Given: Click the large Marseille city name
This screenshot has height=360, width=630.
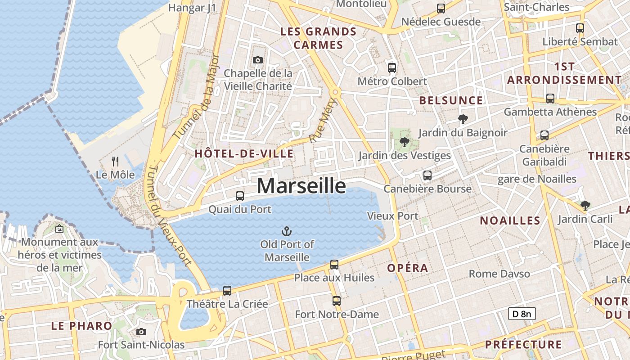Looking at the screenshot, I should (301, 186).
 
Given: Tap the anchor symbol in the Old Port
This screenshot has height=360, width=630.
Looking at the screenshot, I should (287, 231).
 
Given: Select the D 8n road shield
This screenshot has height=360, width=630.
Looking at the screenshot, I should (522, 314).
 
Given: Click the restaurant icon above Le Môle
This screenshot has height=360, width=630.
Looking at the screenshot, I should (115, 161).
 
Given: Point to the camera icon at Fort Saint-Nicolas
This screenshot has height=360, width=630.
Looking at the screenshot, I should (141, 332).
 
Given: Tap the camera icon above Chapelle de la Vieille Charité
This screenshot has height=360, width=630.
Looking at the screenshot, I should (258, 60).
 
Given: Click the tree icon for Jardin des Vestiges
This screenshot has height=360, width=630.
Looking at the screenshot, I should (404, 142).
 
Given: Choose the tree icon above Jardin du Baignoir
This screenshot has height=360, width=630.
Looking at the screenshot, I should (463, 119).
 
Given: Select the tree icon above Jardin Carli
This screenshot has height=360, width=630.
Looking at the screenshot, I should (585, 206).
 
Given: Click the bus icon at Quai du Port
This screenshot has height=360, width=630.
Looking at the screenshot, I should (240, 196).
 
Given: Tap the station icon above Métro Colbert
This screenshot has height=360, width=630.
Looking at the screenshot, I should (392, 68).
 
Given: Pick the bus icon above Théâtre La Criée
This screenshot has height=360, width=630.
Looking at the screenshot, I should (227, 291).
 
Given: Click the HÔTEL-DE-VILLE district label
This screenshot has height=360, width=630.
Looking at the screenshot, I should (244, 153).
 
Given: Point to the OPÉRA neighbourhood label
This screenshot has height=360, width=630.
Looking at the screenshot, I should (408, 268).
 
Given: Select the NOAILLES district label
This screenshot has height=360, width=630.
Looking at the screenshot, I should (510, 220).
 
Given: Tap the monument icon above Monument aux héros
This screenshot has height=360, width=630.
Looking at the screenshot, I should (59, 229).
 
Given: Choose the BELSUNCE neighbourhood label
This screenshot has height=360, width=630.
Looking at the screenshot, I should (451, 100).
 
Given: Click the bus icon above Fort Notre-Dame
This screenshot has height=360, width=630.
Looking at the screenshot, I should (337, 301).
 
